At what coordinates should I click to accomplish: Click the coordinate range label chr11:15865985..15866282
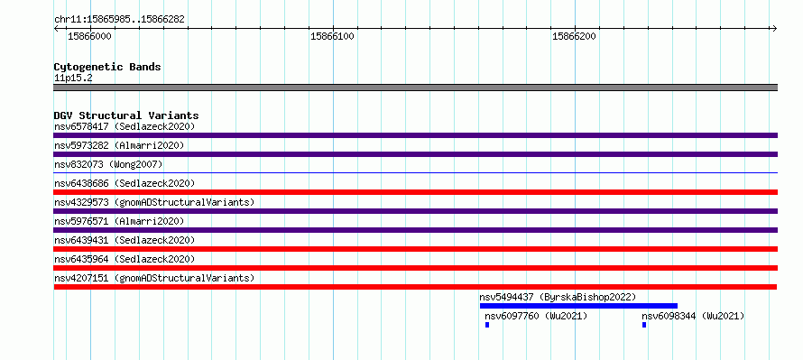point(119,20)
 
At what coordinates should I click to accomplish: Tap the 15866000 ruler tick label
point(89,36)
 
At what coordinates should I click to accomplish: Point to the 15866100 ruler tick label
point(332,36)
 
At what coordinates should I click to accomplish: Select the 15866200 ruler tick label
point(574,36)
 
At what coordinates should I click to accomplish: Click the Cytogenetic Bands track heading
point(107,67)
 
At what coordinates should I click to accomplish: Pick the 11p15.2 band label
point(73,78)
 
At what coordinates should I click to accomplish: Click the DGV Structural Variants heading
point(126,115)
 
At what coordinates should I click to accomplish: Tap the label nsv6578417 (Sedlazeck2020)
point(125,126)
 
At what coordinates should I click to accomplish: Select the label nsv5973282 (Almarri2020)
point(119,145)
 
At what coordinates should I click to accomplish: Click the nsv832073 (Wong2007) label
point(108,164)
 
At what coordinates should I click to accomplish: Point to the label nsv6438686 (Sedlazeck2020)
point(125,183)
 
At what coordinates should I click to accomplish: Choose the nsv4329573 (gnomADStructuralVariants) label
point(154,202)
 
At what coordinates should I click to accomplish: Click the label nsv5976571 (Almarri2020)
point(119,221)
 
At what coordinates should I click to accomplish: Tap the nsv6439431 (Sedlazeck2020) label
point(125,240)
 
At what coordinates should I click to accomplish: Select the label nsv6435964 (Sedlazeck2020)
point(125,259)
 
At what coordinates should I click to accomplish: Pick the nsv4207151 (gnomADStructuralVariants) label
point(154,278)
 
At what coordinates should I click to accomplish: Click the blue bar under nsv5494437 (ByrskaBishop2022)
point(578,306)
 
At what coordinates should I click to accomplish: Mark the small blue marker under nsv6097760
point(487,325)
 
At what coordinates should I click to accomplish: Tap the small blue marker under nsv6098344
point(644,325)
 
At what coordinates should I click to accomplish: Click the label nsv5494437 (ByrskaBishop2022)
point(558,297)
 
